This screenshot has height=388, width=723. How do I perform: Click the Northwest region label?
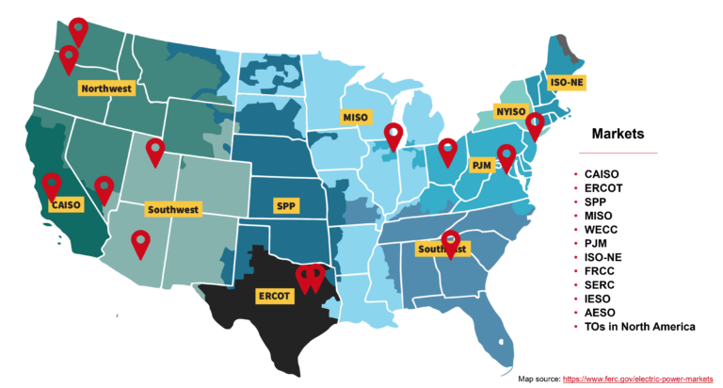[x=106, y=89]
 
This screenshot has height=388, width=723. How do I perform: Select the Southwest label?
[x=172, y=209]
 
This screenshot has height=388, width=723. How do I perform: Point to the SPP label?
[x=284, y=205]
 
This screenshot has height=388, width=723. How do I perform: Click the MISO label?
[x=356, y=118]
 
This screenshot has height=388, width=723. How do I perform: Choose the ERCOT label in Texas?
[x=276, y=296]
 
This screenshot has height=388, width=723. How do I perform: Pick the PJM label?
[x=481, y=165]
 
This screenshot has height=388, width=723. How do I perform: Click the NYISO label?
[x=510, y=111]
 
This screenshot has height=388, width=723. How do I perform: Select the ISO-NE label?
[x=566, y=82]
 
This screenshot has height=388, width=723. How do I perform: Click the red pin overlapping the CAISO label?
[x=51, y=185]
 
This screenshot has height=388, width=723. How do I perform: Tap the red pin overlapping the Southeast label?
[x=451, y=243]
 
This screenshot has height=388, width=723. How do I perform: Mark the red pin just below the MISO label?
[x=394, y=137]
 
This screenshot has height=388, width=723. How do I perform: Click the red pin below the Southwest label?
[x=140, y=243]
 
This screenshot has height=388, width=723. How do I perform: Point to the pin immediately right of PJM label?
[x=506, y=157]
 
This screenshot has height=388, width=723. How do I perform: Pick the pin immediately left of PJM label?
[x=449, y=151]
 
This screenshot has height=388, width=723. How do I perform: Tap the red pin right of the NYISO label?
[x=535, y=125]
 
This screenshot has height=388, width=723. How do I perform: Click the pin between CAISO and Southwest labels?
[x=104, y=188]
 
